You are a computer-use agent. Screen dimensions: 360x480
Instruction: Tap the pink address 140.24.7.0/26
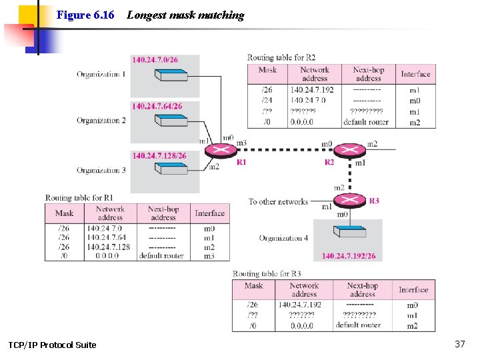[155, 60]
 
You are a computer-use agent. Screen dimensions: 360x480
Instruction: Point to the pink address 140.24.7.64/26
[157, 106]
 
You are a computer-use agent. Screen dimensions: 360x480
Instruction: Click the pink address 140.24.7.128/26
[159, 156]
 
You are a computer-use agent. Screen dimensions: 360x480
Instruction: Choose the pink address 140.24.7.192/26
[348, 256]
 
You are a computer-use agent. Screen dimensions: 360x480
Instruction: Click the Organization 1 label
[101, 74]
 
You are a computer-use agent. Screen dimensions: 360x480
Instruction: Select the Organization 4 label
[283, 238]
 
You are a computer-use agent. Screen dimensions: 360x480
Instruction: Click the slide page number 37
[459, 344]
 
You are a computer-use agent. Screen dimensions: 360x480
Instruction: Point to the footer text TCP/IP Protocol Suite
[52, 345]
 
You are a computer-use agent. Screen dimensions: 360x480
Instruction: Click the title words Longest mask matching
[185, 15]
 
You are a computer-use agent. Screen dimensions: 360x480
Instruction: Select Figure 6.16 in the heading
[85, 15]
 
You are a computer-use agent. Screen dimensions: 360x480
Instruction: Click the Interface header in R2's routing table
[415, 74]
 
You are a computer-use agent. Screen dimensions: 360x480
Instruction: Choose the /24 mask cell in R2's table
[267, 101]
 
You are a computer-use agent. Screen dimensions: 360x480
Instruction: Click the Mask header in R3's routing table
[253, 285]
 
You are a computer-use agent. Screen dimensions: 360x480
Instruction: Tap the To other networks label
[278, 201]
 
